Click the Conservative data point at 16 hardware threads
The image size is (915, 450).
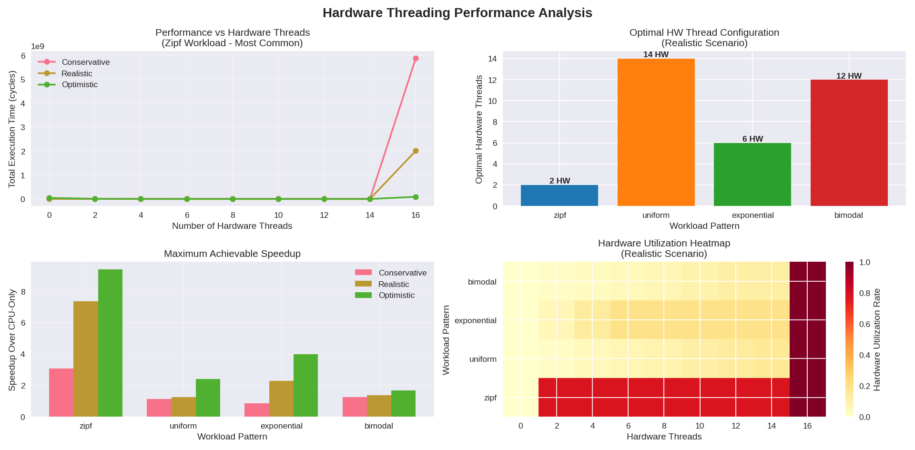(416, 59)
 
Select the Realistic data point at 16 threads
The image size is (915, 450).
(416, 151)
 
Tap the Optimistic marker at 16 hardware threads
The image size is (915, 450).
(416, 197)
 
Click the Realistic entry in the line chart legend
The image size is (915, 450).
(77, 73)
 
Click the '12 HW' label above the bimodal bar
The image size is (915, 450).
(849, 76)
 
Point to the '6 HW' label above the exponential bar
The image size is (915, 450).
(752, 139)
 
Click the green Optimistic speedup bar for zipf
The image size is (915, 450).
(110, 343)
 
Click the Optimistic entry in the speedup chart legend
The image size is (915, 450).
(396, 296)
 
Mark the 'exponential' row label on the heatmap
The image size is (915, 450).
(475, 320)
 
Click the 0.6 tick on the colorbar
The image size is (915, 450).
(864, 324)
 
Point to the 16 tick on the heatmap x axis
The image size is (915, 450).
(807, 426)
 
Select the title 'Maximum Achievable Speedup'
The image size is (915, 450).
(232, 254)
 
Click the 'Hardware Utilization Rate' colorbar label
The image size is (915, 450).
(877, 339)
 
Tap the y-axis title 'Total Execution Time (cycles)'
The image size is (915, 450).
(12, 129)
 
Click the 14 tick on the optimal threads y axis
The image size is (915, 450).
(492, 59)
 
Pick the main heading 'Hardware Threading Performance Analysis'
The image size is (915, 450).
(457, 13)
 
